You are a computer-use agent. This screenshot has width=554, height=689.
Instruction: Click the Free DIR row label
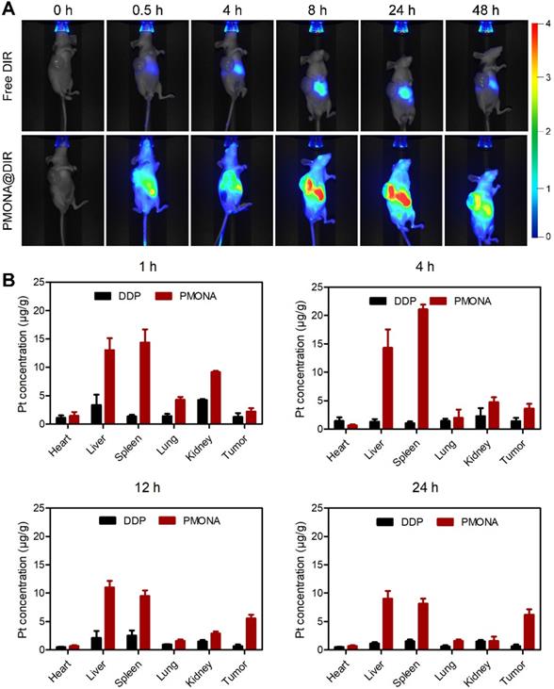coord(10,80)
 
